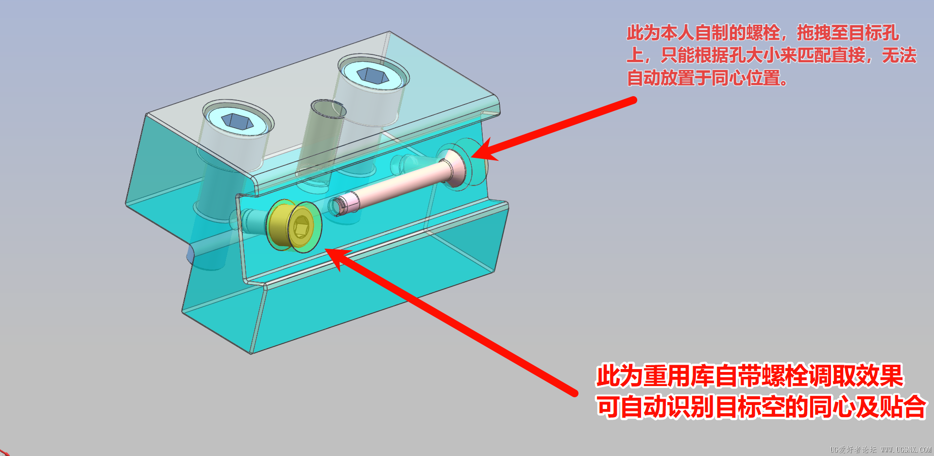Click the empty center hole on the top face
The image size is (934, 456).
328,109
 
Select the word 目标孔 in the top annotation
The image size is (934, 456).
874,33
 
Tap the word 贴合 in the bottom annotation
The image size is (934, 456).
903,407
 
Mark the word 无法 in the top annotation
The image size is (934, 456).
899,55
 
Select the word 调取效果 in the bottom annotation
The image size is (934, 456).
855,376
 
